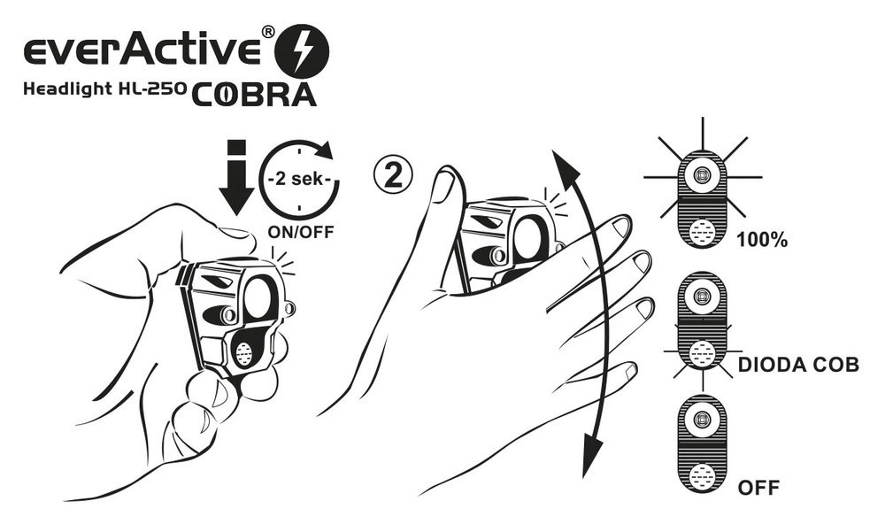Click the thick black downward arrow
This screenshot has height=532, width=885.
click(235, 176)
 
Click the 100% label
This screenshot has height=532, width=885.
click(760, 240)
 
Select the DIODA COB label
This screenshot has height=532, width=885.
click(798, 365)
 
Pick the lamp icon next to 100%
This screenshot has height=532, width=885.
click(703, 203)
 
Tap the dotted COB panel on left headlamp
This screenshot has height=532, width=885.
click(243, 353)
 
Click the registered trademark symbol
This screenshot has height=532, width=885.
click(267, 33)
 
